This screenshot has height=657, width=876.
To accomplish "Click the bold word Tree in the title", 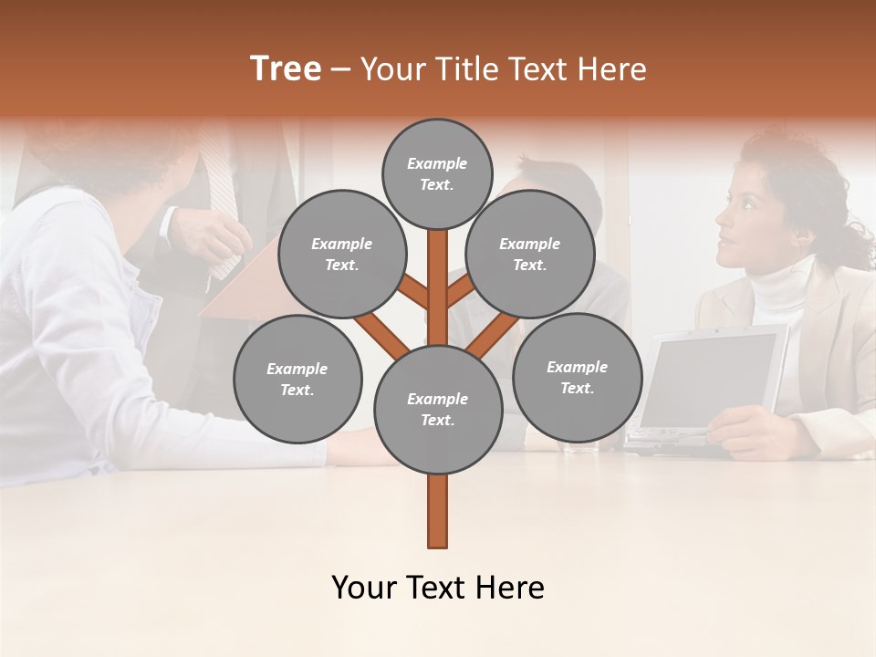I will click(286, 69).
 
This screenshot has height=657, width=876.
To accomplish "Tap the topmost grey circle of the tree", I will click(437, 173).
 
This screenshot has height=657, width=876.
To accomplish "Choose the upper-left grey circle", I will click(341, 254).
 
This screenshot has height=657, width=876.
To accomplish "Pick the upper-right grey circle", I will click(530, 254).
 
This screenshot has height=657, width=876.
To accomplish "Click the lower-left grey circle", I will click(297, 379).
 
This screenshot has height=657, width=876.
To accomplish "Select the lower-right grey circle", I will click(577, 377).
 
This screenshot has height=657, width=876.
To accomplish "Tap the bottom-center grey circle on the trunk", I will click(437, 409).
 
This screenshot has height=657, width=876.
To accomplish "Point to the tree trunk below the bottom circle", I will click(437, 511).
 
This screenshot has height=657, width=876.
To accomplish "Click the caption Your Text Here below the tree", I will click(437, 588).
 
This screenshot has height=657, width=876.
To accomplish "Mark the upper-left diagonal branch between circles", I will click(413, 294).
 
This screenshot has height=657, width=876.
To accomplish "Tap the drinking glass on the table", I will click(579, 447).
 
